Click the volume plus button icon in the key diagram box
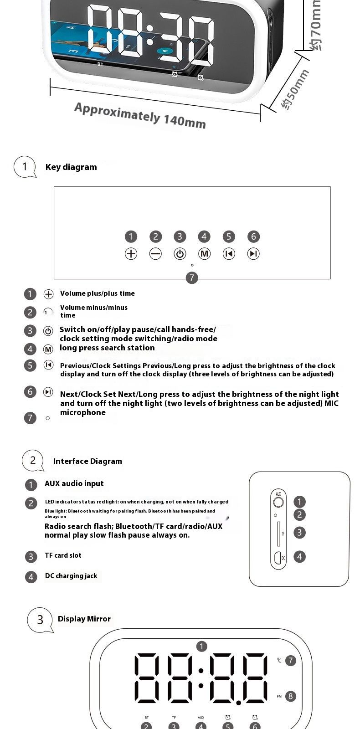[131, 254]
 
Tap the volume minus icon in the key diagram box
[155, 254]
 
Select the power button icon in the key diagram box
[180, 254]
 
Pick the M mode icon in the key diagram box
[204, 254]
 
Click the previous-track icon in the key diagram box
[229, 254]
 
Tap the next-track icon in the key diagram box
[253, 254]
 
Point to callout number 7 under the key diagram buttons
[192, 277]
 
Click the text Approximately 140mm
[140, 115]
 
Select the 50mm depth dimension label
[295, 90]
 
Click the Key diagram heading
[71, 167]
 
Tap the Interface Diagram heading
[87, 461]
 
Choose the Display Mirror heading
[84, 619]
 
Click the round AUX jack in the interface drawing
[278, 503]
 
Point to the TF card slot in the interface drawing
[278, 533]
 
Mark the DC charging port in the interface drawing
[278, 557]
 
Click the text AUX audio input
[74, 483]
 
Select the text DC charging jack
[71, 576]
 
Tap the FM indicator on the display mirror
[279, 697]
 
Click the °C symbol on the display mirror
[279, 660]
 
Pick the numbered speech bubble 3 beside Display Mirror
[40, 620]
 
